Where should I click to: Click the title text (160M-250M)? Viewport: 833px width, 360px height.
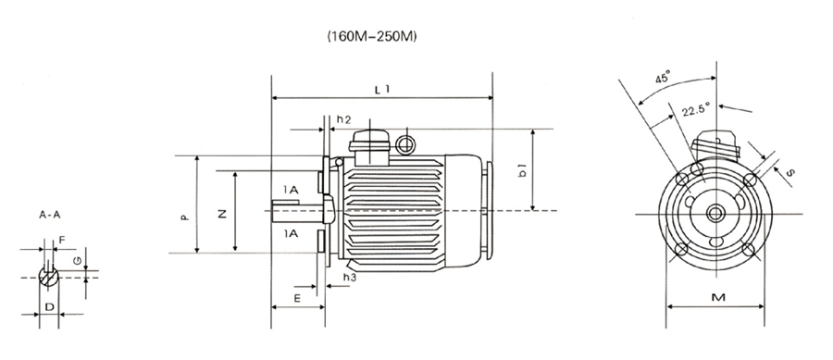tap(372, 38)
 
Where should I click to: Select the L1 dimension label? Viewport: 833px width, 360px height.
tap(381, 90)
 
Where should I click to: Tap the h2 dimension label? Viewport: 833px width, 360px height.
tap(343, 120)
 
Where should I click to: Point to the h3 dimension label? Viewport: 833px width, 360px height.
tap(349, 277)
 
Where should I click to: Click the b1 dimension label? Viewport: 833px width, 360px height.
tap(523, 170)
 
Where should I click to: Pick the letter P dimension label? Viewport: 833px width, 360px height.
tap(185, 217)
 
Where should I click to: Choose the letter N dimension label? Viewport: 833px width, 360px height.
tap(222, 214)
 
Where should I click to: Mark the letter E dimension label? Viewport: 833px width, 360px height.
tap(297, 298)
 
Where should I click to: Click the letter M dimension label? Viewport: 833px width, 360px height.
tap(718, 297)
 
